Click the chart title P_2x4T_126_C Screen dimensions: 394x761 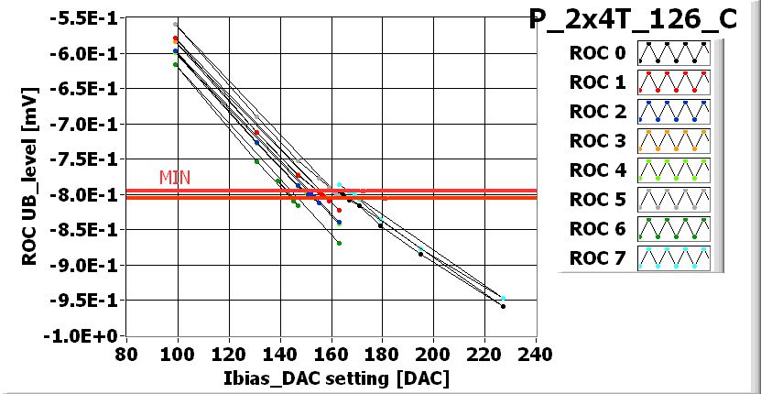(x=633, y=19)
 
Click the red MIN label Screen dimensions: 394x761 (x=174, y=177)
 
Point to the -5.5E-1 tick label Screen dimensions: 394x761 (x=86, y=18)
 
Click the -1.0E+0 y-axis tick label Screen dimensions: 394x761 (x=86, y=336)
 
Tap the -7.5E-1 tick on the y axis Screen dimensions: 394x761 (x=86, y=159)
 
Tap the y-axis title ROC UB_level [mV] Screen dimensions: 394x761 (x=28, y=177)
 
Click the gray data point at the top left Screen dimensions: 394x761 (x=176, y=24)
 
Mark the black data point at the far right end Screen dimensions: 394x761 (x=504, y=306)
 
